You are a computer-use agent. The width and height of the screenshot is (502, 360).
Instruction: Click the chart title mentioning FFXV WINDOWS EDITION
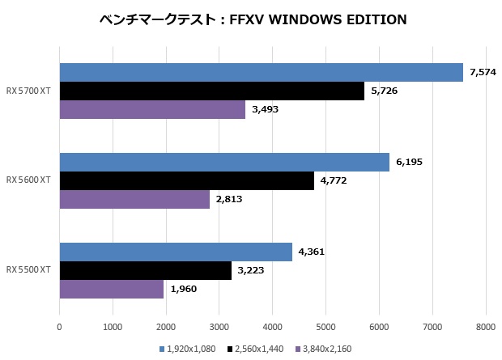251,18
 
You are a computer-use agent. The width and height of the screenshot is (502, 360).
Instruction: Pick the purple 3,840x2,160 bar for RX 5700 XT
152,109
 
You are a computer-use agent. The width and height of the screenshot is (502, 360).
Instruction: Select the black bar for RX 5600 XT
186,180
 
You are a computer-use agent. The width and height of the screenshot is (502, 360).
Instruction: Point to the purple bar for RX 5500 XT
112,288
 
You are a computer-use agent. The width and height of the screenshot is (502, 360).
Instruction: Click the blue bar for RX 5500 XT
176,252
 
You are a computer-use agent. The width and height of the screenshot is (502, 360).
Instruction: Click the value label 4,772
333,180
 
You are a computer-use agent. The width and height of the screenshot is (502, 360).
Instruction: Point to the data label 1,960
184,288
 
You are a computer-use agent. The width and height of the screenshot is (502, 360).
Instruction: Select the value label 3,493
265,110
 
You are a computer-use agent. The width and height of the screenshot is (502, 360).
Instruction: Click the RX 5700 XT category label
28,91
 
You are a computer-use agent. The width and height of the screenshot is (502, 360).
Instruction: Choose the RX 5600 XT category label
28,180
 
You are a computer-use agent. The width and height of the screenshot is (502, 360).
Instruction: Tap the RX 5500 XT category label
28,269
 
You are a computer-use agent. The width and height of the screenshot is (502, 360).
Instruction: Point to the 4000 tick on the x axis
272,328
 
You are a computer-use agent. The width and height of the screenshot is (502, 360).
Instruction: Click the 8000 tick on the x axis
485,328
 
